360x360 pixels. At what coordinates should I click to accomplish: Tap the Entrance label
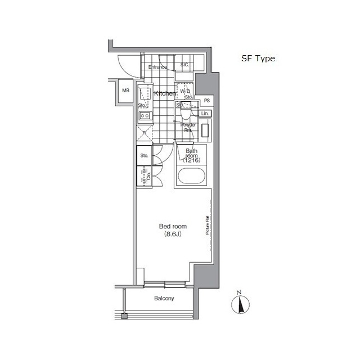pyautogui.click(x=158, y=67)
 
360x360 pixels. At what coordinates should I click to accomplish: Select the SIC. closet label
pyautogui.click(x=185, y=65)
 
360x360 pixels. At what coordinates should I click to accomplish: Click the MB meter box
pyautogui.click(x=125, y=91)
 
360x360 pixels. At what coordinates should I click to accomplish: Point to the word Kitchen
pyautogui.click(x=165, y=93)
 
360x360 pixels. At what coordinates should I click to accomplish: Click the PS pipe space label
pyautogui.click(x=207, y=101)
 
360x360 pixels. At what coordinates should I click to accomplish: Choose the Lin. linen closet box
pyautogui.click(x=205, y=114)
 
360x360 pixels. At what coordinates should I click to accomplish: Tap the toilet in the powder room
pyautogui.click(x=185, y=113)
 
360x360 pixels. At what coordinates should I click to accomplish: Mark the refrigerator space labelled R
pyautogui.click(x=144, y=133)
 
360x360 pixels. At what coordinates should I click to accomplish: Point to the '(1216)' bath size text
pyautogui.click(x=191, y=160)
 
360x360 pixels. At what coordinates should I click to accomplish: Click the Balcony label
pyautogui.click(x=164, y=299)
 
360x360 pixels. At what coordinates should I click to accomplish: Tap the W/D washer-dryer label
pyautogui.click(x=185, y=91)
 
